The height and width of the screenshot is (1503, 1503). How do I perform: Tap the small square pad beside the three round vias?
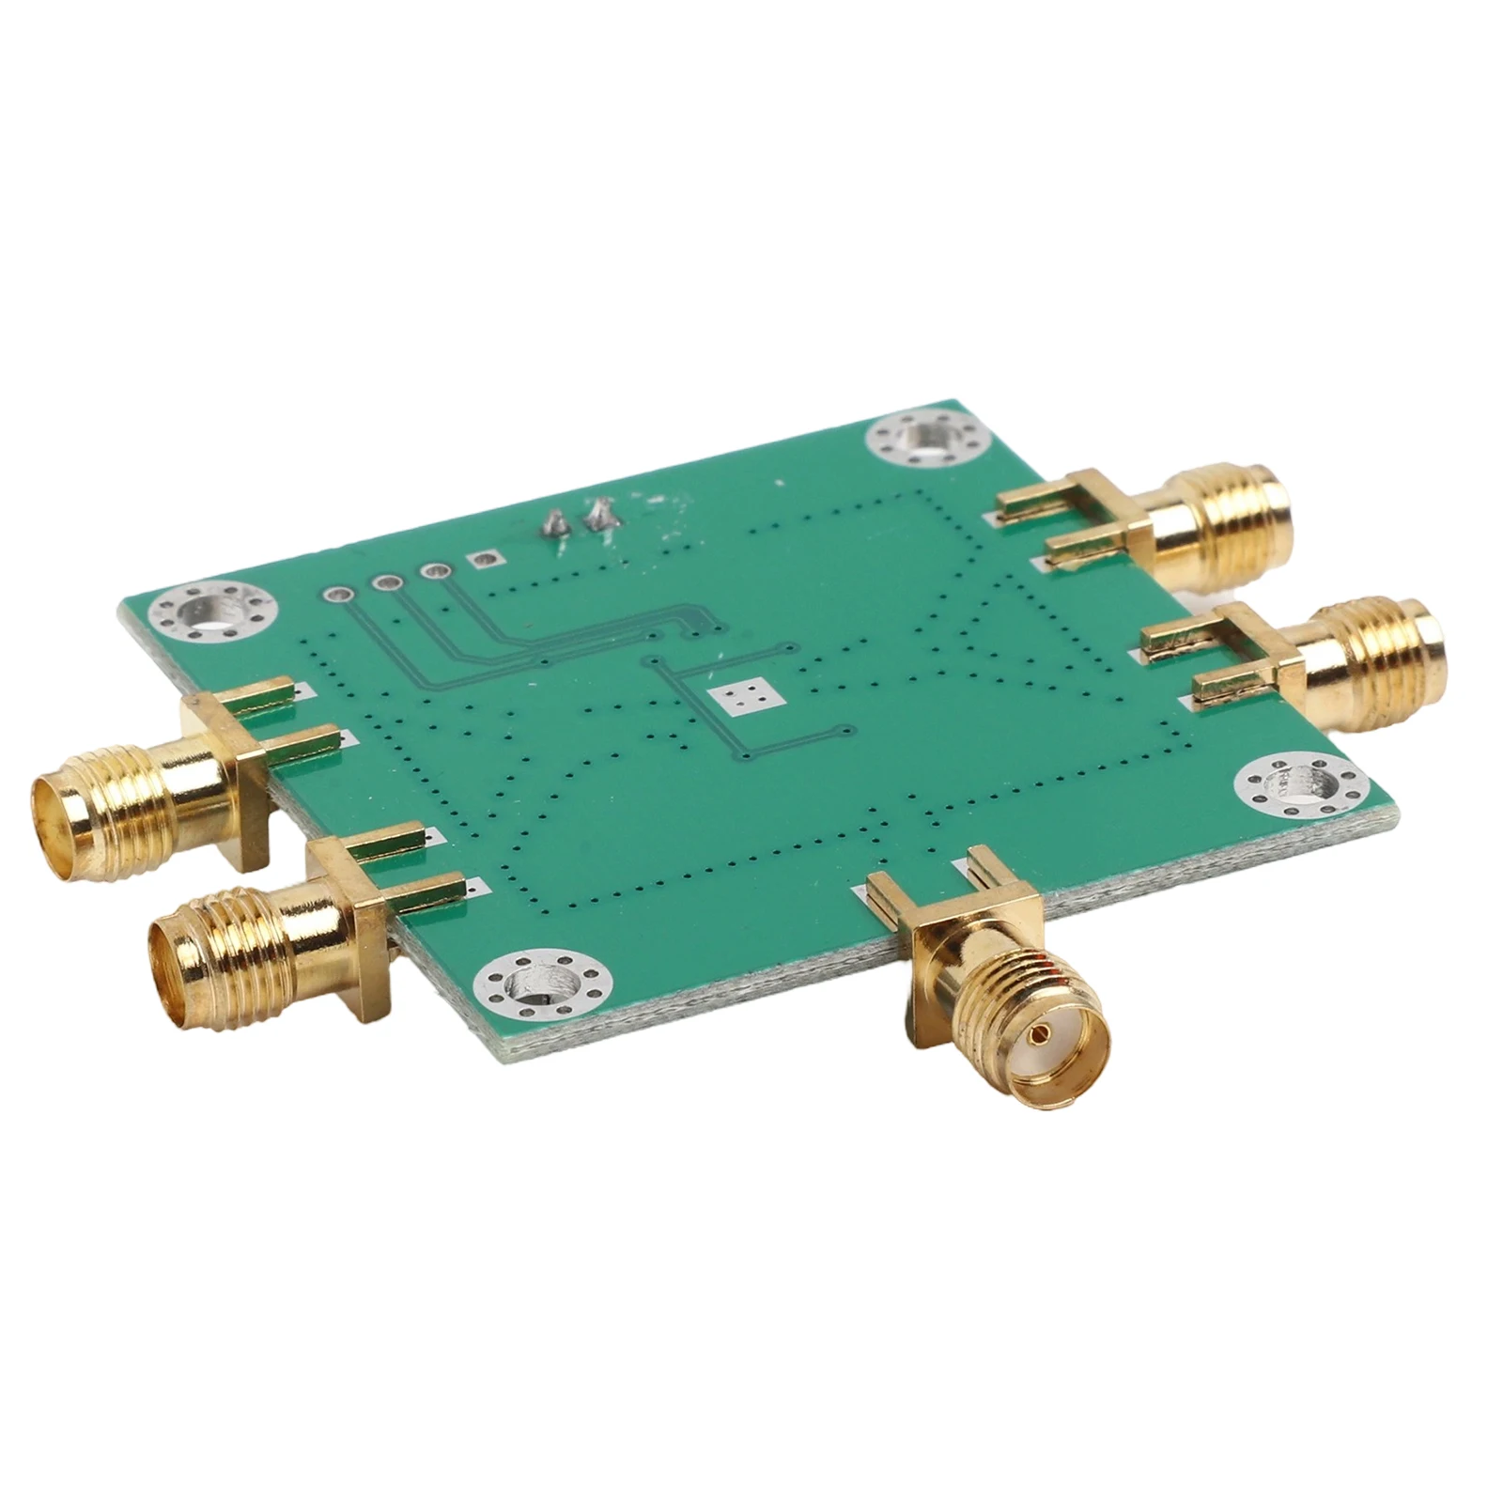[486, 561]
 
